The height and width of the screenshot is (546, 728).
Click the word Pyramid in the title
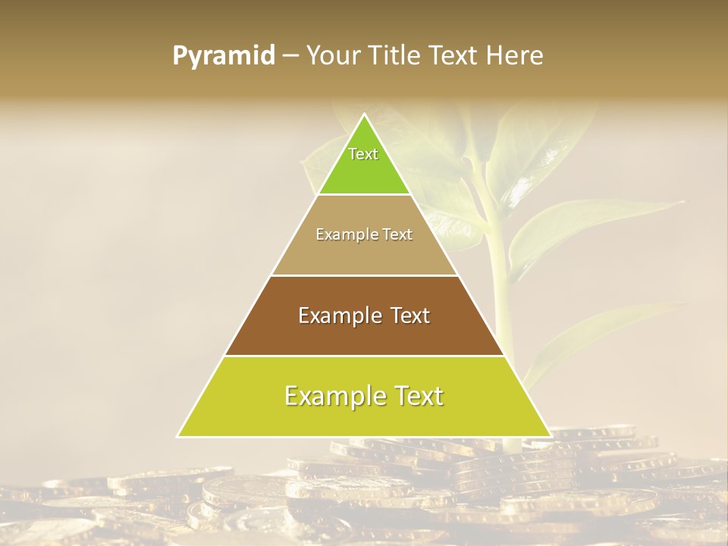224,56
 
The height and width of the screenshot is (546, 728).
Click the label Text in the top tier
363,154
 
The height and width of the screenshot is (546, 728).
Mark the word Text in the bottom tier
416,396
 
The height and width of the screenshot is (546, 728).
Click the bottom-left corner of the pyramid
179,436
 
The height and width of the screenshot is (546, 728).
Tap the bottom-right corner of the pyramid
550,436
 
